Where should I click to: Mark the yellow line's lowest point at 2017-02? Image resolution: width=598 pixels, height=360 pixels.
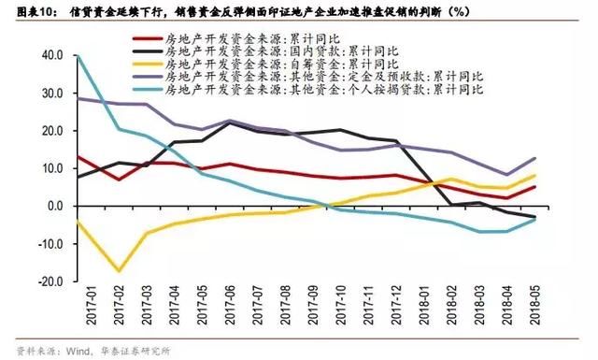coord(118,271)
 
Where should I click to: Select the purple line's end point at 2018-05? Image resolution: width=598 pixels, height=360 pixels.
coord(535,158)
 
